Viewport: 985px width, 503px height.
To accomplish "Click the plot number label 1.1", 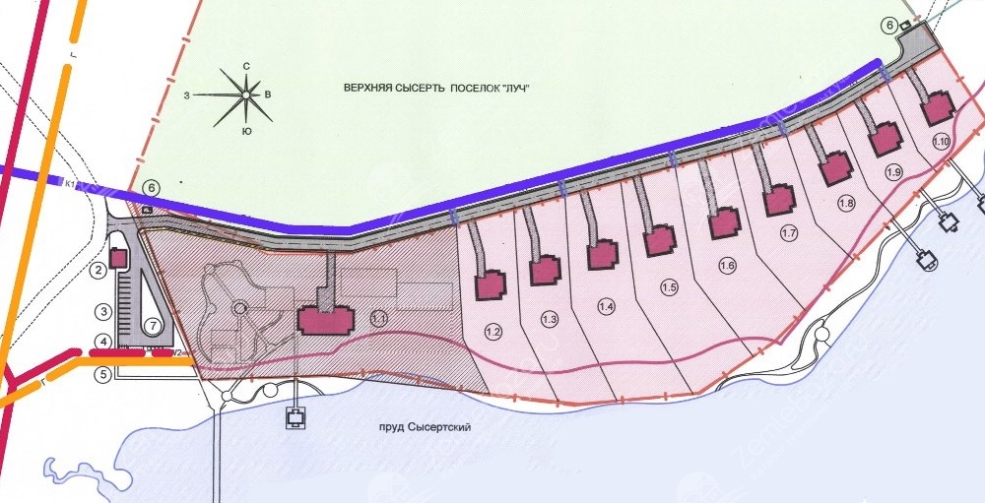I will coord(379,318).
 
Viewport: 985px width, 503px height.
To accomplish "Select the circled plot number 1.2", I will coord(494,333).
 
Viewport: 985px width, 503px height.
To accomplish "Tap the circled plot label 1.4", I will coord(607,307).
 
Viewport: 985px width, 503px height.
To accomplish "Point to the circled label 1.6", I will coord(728,264).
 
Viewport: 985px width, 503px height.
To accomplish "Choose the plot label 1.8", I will coord(846,204).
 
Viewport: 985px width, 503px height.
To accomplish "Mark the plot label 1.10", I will coord(941,141).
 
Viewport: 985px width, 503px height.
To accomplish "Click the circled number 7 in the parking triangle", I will coord(152,324).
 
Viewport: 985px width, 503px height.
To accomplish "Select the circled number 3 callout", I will coord(102,311).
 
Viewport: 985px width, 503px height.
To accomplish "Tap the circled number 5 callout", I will coord(102,374).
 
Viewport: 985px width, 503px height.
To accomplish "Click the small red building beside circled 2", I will coord(117,258).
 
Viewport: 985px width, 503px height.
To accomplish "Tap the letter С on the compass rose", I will coord(246,66).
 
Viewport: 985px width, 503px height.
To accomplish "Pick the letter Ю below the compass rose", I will coord(245,129).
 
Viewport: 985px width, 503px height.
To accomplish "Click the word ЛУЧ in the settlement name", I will coord(526,89).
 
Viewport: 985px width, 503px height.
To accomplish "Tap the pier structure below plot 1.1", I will coord(295,418).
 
